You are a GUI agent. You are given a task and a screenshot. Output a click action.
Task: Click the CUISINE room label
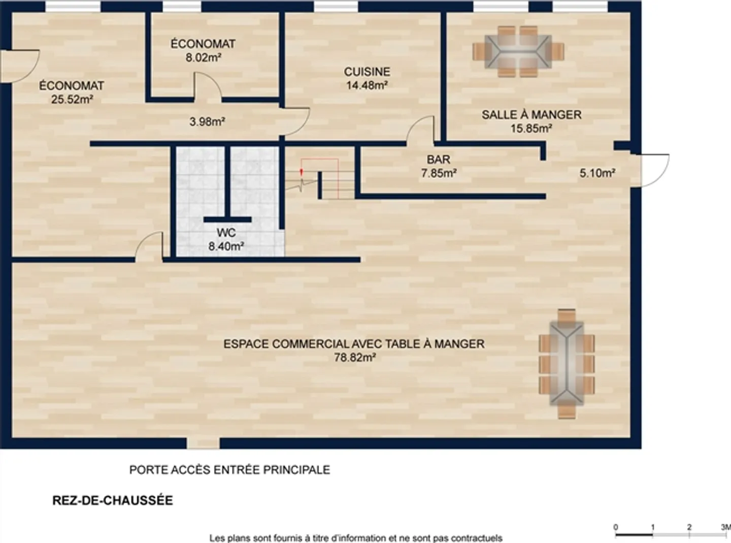(x=367, y=72)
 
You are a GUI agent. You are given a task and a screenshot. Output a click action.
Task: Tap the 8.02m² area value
(x=203, y=58)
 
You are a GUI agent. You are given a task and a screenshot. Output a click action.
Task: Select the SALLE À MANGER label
(x=531, y=115)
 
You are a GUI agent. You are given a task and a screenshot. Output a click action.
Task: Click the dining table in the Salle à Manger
(x=518, y=51)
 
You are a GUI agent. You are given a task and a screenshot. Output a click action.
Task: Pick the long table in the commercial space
(x=566, y=364)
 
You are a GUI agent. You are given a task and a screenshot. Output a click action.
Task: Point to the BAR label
(x=438, y=159)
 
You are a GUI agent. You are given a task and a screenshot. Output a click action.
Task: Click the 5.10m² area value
(x=597, y=173)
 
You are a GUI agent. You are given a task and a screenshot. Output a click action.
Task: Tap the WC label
(x=226, y=233)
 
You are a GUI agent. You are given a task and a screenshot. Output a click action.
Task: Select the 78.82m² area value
(x=354, y=358)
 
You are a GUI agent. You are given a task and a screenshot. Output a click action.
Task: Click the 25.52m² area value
(x=72, y=100)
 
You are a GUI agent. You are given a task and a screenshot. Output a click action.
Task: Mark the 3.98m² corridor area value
(x=207, y=122)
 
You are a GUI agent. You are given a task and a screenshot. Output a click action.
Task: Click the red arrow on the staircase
(x=302, y=172)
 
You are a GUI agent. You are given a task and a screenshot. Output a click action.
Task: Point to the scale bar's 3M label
(x=725, y=527)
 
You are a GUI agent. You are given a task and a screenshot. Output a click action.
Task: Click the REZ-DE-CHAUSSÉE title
(x=113, y=500)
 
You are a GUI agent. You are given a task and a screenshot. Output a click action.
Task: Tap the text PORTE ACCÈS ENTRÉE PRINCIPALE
(x=229, y=470)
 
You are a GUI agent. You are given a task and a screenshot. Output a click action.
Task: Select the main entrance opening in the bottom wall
(x=203, y=443)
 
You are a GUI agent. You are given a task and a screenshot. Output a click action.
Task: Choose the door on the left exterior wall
(x=20, y=65)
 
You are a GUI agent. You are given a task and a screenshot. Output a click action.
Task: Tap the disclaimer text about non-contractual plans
(x=355, y=538)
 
